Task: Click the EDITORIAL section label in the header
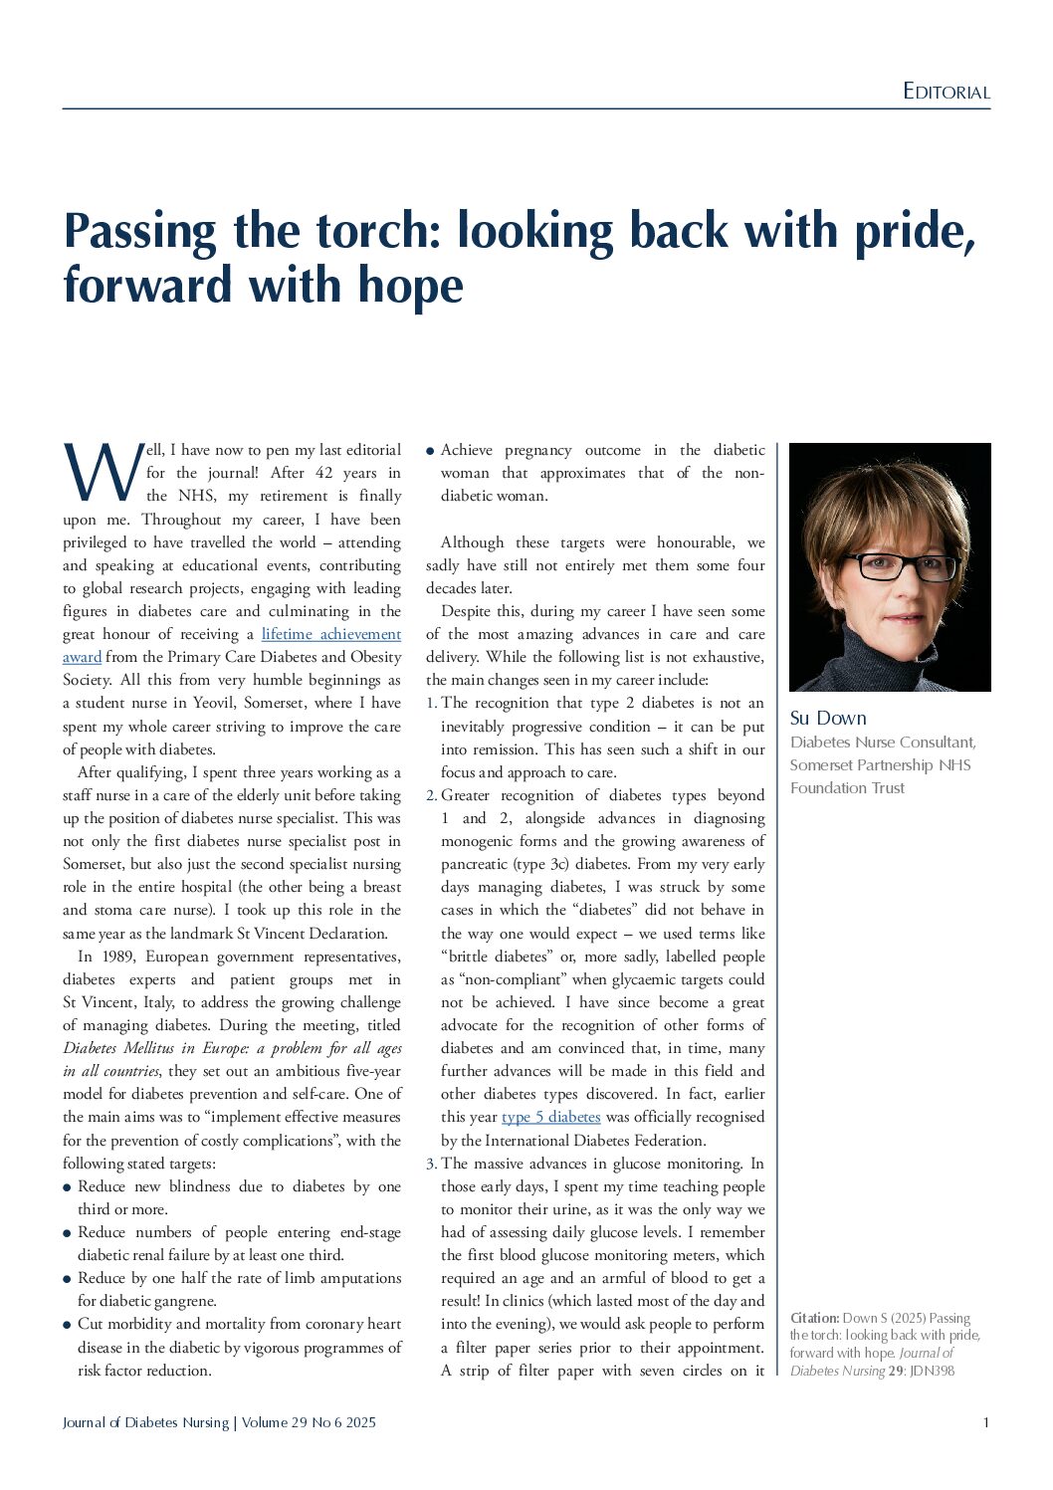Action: click(x=946, y=92)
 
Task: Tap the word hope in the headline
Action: click(x=411, y=285)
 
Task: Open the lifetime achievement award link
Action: click(x=330, y=634)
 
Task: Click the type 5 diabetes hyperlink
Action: click(x=550, y=1117)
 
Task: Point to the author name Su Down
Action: click(x=828, y=718)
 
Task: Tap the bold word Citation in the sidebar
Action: click(x=814, y=1318)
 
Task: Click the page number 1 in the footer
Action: click(x=985, y=1422)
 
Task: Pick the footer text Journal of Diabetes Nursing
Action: click(x=145, y=1422)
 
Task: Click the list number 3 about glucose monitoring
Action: click(x=431, y=1164)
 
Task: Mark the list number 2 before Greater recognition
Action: click(x=431, y=795)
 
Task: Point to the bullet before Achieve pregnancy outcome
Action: click(x=430, y=451)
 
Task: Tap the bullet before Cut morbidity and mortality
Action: click(x=68, y=1325)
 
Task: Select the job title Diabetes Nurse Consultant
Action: click(x=882, y=743)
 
